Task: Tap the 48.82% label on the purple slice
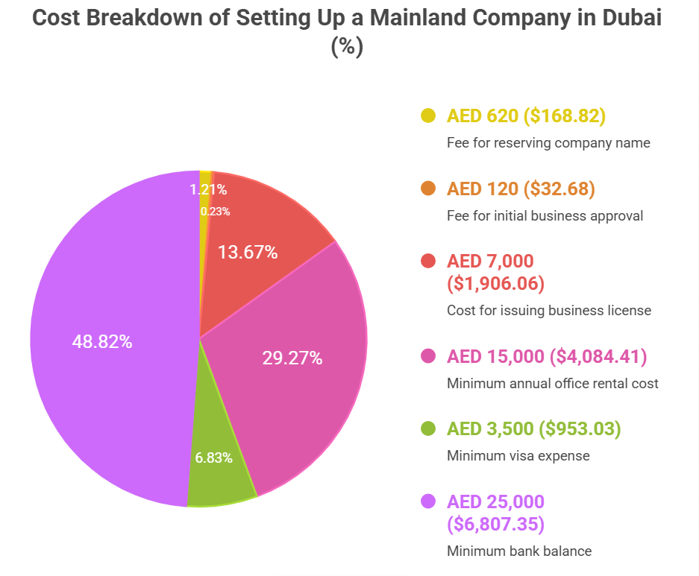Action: [x=102, y=342]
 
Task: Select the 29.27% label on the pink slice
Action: [x=292, y=358]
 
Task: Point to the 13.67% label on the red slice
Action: [x=248, y=253]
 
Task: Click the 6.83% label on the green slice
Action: [x=214, y=458]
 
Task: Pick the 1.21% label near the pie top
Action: [x=208, y=190]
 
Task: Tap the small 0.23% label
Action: [x=215, y=212]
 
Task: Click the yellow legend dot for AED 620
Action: [x=428, y=115]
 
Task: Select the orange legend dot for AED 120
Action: [x=428, y=189]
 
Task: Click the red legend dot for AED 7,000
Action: [x=428, y=261]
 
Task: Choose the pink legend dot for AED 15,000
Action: [x=428, y=356]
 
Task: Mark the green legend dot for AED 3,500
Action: [x=428, y=428]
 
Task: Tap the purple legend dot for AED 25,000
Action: [x=428, y=501]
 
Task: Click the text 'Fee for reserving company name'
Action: [x=548, y=143]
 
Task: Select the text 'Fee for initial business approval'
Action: [x=545, y=216]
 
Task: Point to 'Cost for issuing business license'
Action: [x=549, y=311]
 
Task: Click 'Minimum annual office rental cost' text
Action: [x=553, y=384]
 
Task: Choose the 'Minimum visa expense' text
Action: [x=518, y=456]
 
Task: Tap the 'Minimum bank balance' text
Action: [x=519, y=551]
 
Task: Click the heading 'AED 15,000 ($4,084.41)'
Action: [x=547, y=356]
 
